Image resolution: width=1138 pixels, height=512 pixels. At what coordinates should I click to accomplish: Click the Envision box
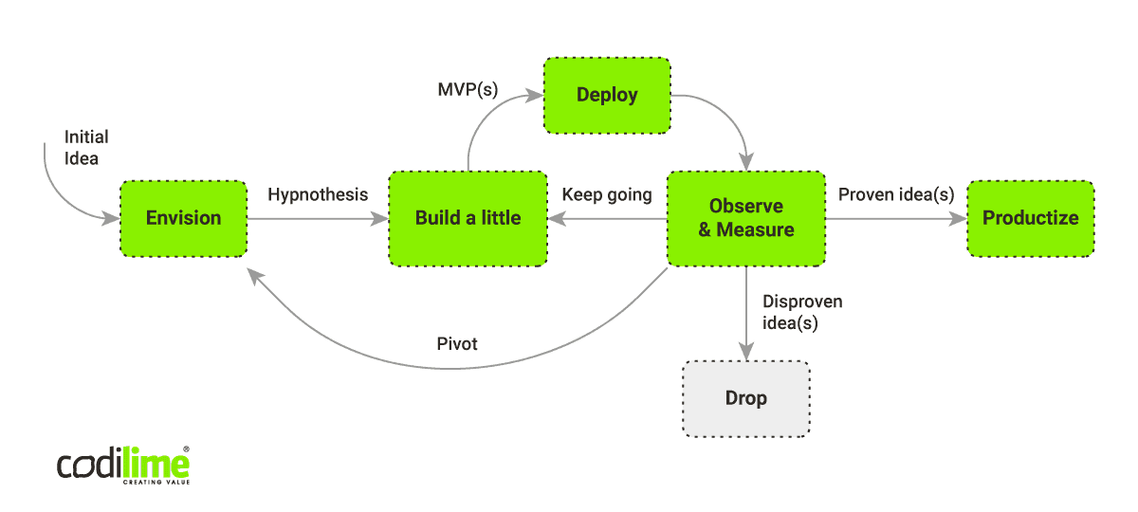[x=183, y=218]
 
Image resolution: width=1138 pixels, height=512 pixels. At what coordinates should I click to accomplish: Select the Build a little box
[x=468, y=218]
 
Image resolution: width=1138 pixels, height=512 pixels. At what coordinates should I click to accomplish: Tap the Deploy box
[x=607, y=95]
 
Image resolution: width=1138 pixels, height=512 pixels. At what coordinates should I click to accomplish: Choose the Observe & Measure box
[x=746, y=218]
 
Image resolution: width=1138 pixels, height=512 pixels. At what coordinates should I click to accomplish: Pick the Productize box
[x=1030, y=218]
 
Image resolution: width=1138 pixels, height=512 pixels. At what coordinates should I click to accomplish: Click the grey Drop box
[x=745, y=398]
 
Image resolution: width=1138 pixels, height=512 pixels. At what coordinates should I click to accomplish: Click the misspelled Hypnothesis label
[x=318, y=194]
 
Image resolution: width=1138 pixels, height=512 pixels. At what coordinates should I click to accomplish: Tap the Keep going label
[x=607, y=194]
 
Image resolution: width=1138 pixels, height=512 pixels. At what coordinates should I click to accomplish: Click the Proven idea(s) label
[x=895, y=194]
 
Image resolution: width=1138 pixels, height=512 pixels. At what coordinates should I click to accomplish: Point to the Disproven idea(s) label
[x=802, y=312]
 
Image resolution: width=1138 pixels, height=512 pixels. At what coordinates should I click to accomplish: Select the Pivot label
[x=457, y=343]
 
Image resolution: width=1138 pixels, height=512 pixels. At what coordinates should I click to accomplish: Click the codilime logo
[x=123, y=465]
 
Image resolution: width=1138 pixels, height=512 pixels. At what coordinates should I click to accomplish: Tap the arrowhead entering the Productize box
[x=959, y=218]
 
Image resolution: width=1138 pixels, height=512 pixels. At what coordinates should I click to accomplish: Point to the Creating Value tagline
[x=156, y=482]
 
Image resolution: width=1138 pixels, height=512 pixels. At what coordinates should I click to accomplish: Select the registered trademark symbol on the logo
[x=186, y=449]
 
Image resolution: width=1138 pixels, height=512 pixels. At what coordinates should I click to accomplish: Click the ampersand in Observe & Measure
[x=706, y=229]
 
